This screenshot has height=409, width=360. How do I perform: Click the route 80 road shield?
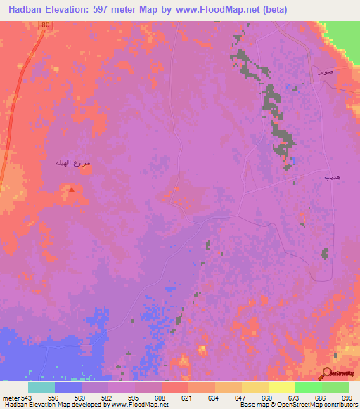coord(45,25)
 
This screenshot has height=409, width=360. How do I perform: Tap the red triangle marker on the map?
coord(70,188)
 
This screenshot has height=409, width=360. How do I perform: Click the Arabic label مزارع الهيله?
coord(73,163)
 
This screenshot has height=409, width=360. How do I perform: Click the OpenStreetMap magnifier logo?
coord(328,372)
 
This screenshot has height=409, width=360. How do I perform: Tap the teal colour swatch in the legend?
coord(41,387)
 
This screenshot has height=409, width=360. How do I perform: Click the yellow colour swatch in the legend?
coord(282,387)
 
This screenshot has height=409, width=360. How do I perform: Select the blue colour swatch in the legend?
coord(68,387)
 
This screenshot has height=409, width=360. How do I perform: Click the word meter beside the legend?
coord(11,398)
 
